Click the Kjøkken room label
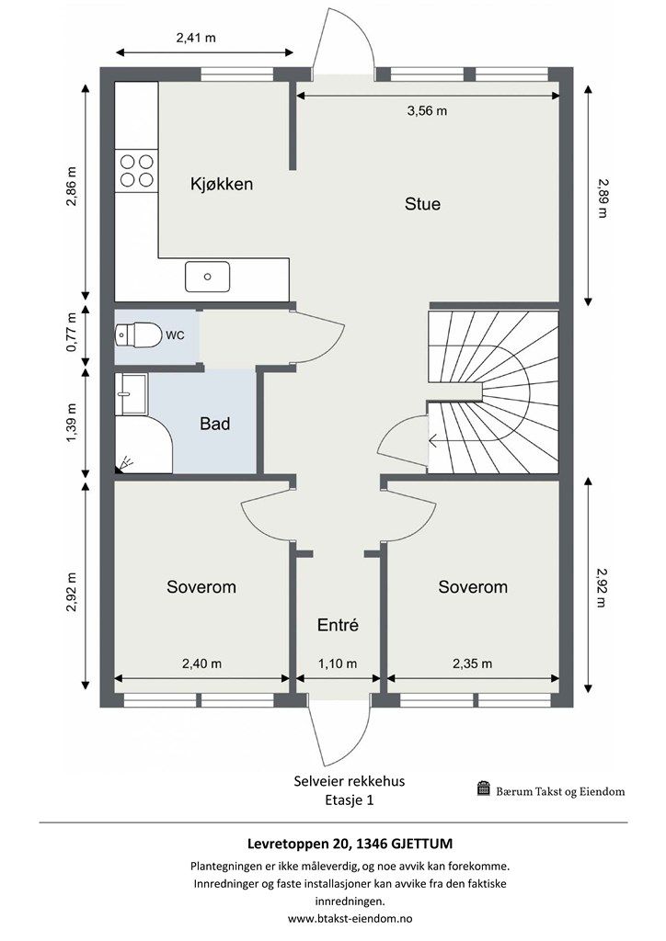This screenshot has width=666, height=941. coord(222,184)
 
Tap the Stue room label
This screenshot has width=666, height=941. coord(422,204)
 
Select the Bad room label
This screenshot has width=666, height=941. coord(215,425)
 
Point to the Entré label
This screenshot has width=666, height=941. coord(339,625)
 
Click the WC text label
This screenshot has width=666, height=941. coord(175,335)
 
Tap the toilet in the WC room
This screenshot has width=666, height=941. coord(139,334)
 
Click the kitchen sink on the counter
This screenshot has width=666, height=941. coord(207,277)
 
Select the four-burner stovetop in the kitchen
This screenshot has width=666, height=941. coord(136,170)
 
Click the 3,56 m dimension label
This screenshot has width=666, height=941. coord(427,111)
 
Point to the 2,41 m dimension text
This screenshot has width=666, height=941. coord(196,38)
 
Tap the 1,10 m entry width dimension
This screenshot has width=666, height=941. coord(338,663)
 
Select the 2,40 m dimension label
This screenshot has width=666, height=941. coord(201,663)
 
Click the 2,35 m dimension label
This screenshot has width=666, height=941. coord(472,663)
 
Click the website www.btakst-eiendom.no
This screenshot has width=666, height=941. coord(350,918)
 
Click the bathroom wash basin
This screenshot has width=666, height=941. coord(131,394)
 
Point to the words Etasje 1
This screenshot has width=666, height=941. coord(350,800)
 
